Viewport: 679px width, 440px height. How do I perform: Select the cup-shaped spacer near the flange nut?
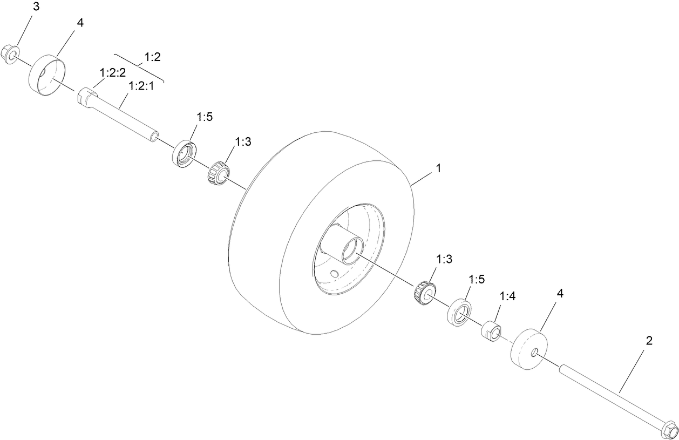point(45,76)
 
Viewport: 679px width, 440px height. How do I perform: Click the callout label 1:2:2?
point(112,72)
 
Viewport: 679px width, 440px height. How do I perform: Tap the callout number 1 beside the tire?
point(438,168)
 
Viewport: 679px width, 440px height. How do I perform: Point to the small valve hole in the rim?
point(335,274)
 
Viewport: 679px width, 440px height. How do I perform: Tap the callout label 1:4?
point(508,296)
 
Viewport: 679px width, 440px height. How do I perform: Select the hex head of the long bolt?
point(669,430)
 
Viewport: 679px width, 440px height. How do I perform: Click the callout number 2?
point(649,341)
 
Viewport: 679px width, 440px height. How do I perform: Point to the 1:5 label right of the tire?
point(477,279)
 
